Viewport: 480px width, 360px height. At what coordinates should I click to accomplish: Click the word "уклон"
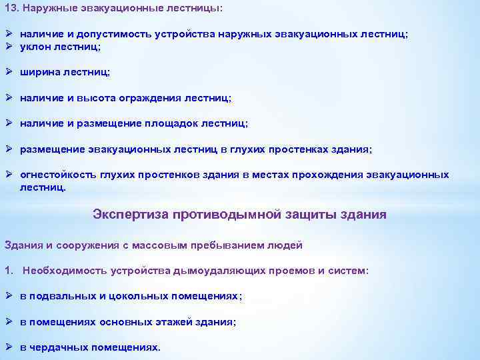click(x=35, y=46)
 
